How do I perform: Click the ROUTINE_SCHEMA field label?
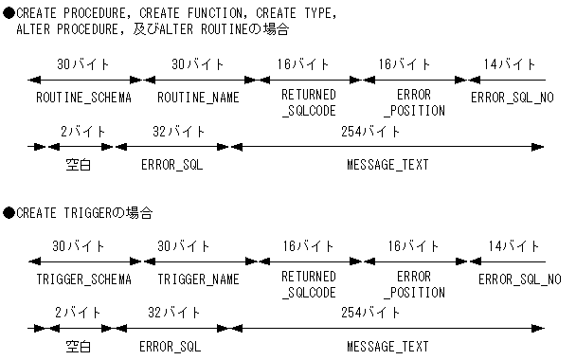(83, 97)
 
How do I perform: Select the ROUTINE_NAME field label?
(198, 97)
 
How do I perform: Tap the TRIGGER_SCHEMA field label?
(83, 279)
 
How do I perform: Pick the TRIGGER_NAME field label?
(198, 279)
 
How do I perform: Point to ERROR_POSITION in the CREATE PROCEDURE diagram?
(417, 103)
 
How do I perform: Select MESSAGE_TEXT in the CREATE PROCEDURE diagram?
(387, 164)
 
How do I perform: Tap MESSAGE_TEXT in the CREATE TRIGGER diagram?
(387, 346)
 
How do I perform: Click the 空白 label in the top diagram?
(78, 164)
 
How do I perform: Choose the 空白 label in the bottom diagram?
(78, 346)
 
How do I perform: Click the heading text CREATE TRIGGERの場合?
(84, 212)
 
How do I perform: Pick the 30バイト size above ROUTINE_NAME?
(198, 63)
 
